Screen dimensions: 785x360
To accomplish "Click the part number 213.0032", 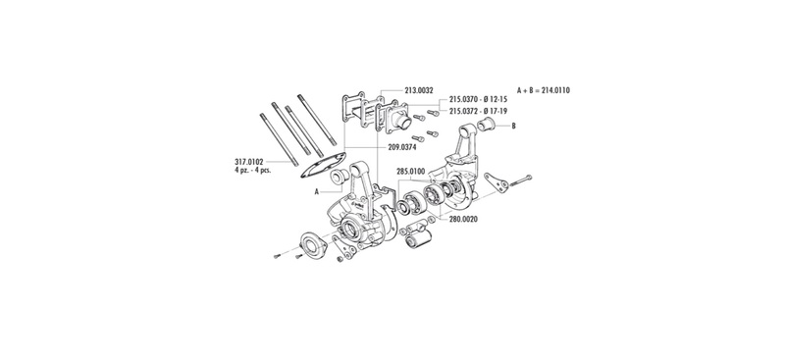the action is click(x=418, y=90).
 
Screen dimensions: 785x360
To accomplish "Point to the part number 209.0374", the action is click(x=401, y=147).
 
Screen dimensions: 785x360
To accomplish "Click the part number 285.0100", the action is click(x=410, y=172).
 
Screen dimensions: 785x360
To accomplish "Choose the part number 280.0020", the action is click(x=463, y=219).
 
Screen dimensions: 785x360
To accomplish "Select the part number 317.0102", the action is click(x=248, y=162).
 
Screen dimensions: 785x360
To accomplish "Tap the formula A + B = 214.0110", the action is click(x=544, y=90).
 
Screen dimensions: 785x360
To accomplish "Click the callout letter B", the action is click(x=513, y=127).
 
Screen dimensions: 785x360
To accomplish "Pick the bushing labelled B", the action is click(x=486, y=125).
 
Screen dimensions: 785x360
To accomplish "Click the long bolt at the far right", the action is click(x=521, y=180).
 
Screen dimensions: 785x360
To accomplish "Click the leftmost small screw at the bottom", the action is click(x=277, y=257).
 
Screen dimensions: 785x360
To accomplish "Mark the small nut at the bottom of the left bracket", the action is click(x=340, y=259).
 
